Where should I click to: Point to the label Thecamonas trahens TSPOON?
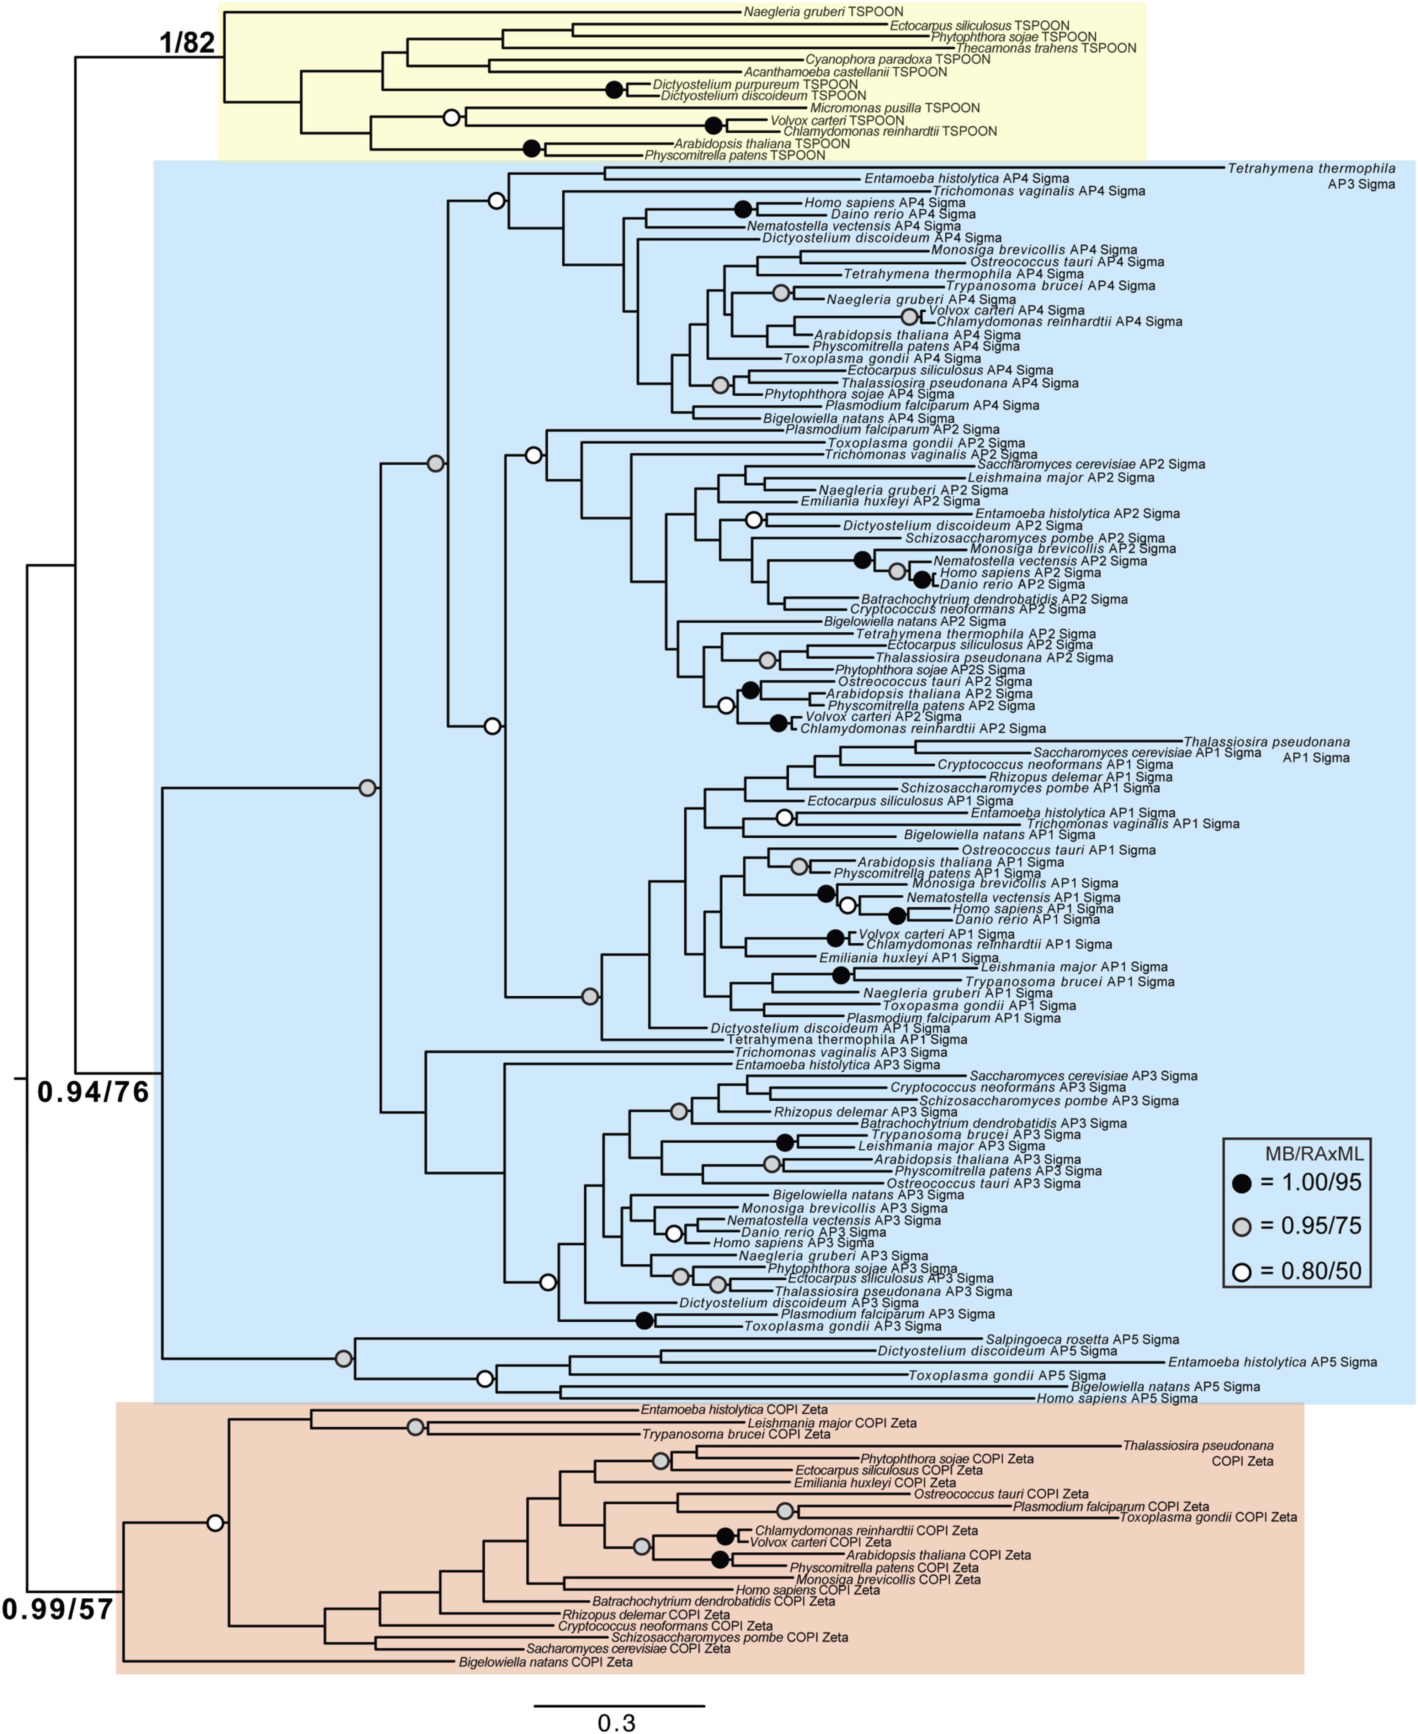coord(1046,48)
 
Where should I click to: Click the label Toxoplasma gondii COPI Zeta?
coord(1207,1517)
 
